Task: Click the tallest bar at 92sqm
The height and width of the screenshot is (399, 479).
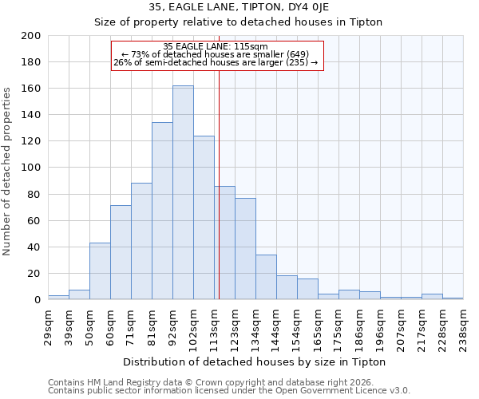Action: click(183, 192)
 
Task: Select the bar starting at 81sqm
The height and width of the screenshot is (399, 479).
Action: click(162, 211)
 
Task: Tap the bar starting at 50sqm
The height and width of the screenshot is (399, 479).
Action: click(100, 271)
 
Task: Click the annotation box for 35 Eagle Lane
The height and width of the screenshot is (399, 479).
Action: click(217, 55)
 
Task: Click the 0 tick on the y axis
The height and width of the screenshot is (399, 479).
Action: click(38, 300)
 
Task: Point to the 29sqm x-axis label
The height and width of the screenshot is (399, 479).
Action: click(52, 324)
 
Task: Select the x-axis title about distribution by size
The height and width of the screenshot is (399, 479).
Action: click(255, 361)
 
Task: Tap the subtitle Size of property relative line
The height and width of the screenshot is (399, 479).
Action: click(239, 22)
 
